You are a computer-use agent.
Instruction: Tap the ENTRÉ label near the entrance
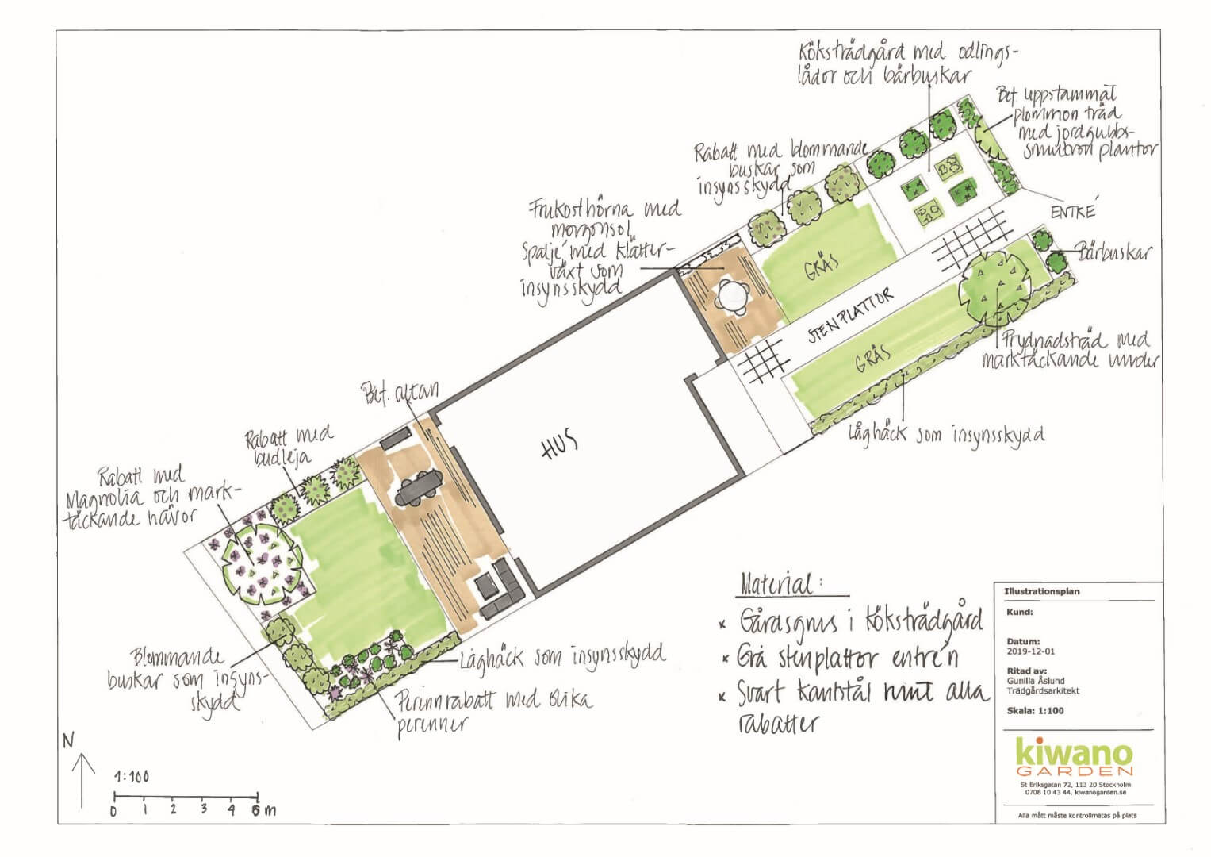(x=1072, y=212)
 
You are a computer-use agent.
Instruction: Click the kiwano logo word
(x=1074, y=751)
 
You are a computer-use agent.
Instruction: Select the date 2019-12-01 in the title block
(x=1030, y=651)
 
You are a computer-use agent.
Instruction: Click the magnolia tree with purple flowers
(x=259, y=560)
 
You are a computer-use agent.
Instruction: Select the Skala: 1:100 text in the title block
(x=1034, y=710)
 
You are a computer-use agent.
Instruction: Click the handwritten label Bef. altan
(x=400, y=391)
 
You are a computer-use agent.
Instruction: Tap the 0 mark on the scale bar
(x=114, y=810)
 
